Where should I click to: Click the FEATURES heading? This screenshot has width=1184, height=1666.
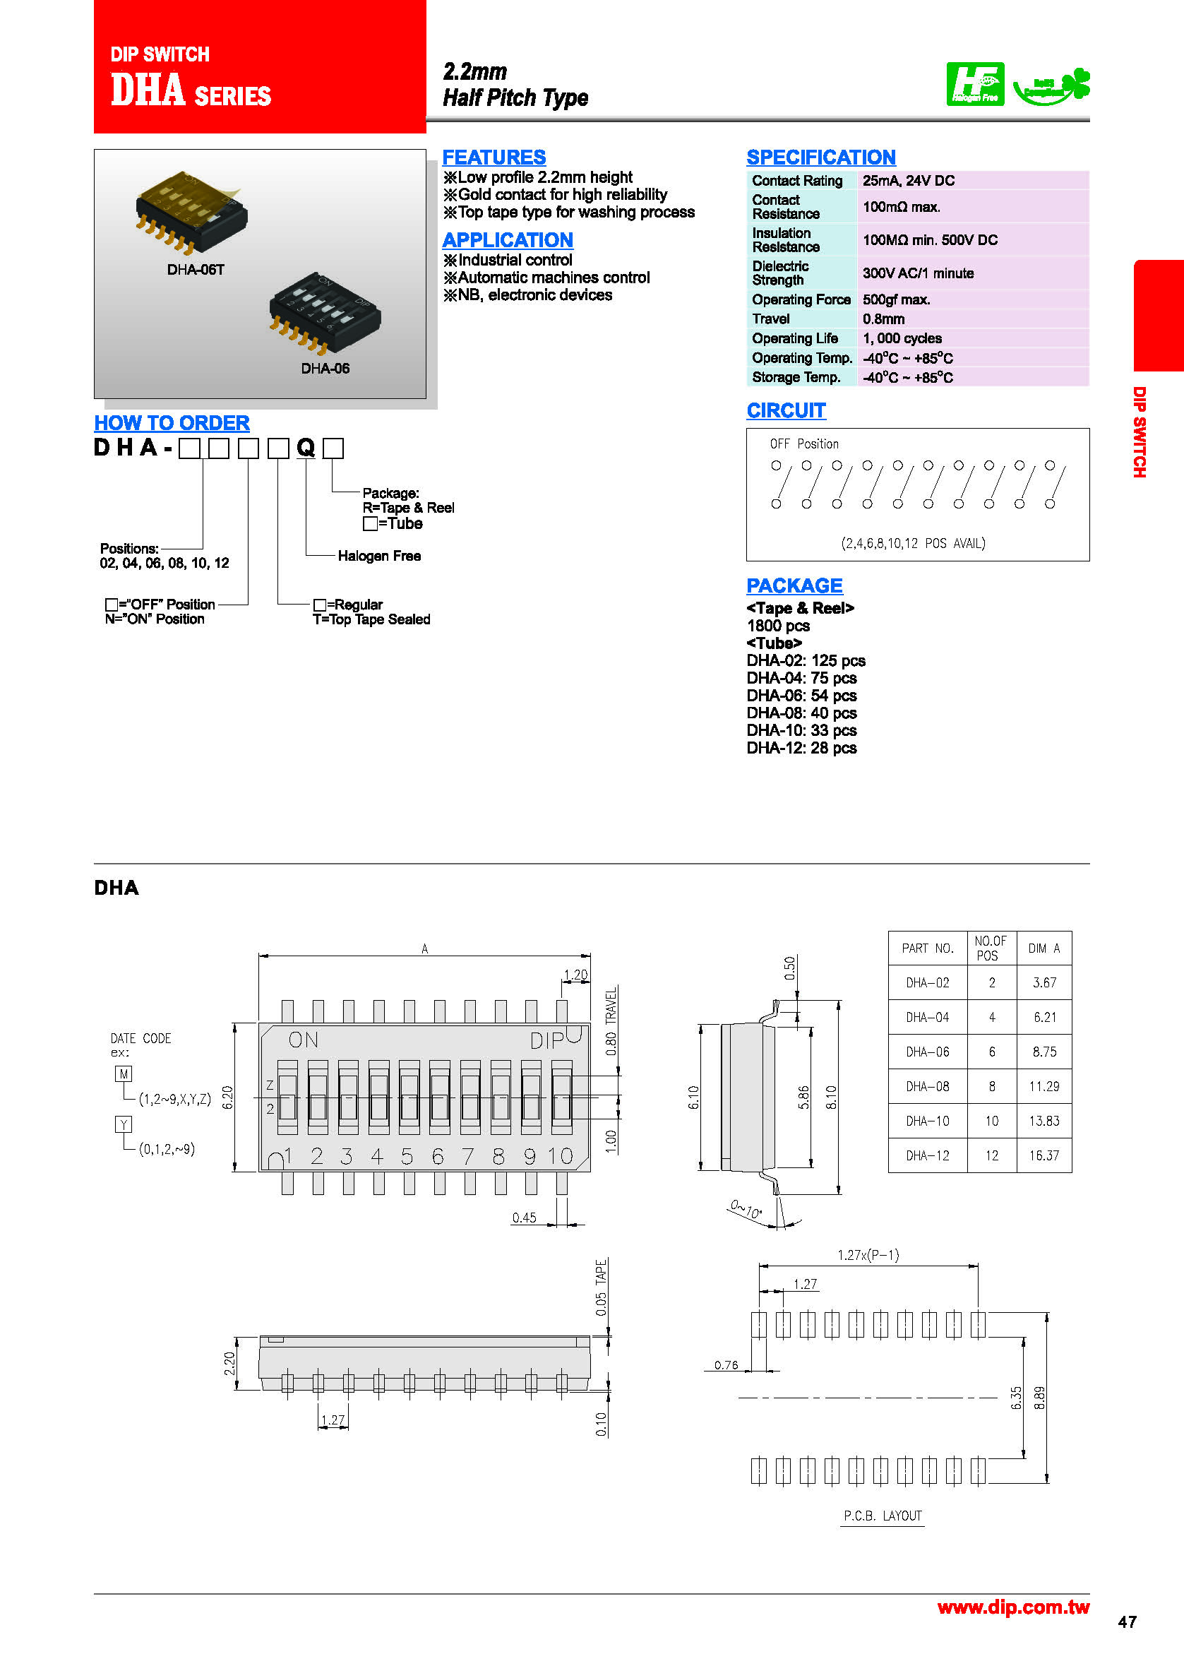[x=494, y=157]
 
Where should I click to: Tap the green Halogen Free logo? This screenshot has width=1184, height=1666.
[x=975, y=84]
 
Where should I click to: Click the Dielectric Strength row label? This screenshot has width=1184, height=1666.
[x=780, y=273]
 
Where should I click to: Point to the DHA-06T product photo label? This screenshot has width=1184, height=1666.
[x=196, y=270]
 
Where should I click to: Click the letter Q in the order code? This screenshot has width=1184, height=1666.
[x=306, y=447]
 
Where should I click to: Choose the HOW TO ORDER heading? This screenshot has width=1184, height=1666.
[x=172, y=423]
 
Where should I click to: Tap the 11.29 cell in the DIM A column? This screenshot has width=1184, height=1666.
[x=1044, y=1086]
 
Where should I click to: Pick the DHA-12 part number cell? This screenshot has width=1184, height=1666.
[x=928, y=1155]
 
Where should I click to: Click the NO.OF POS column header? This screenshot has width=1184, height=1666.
[x=991, y=948]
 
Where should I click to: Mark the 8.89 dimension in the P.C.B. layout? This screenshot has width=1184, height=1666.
[x=1040, y=1398]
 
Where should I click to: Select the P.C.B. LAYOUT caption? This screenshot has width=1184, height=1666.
[x=883, y=1516]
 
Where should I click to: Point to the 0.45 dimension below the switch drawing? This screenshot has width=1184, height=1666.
[x=524, y=1218]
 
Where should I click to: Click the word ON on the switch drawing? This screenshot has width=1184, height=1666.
[x=304, y=1040]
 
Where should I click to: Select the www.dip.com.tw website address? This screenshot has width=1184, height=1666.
[x=1012, y=1607]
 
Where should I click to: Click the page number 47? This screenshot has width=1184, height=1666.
[x=1126, y=1622]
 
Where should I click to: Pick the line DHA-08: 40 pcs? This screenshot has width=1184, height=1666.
[x=801, y=713]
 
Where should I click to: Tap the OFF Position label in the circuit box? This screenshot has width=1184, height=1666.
[x=804, y=444]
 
